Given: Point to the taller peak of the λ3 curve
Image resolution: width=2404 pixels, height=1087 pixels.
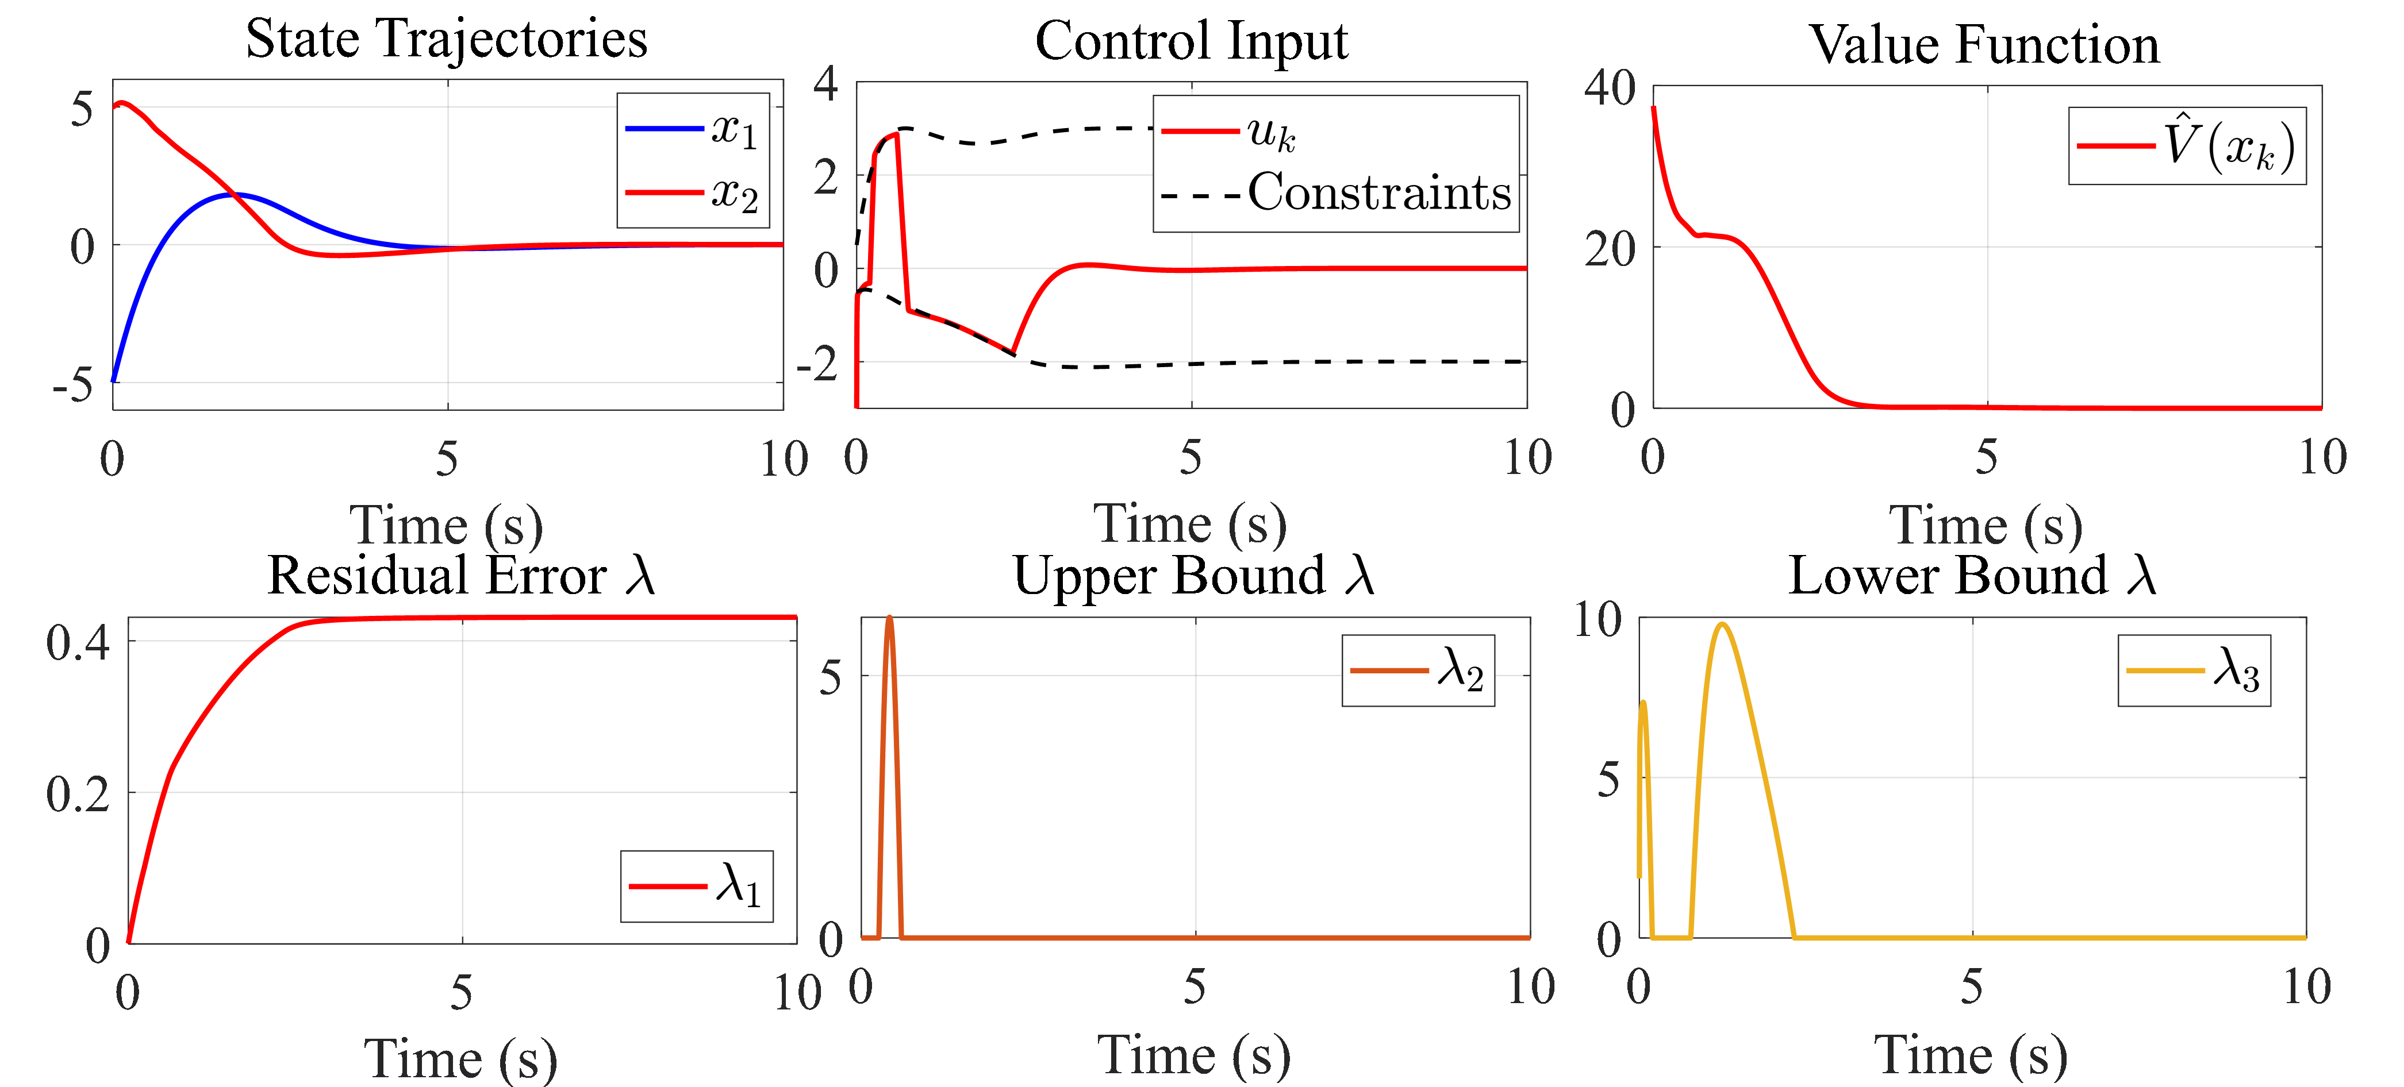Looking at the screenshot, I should pos(1721,624).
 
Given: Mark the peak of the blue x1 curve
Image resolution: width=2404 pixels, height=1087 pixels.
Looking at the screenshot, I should pos(236,194).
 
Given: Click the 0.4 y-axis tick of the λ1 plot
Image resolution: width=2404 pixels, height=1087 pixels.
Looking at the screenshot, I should pos(78,643).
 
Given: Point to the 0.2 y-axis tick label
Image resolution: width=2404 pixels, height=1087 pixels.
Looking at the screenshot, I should pos(78,794).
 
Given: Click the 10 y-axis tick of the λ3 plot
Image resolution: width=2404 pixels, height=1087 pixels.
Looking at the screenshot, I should pos(1597,619).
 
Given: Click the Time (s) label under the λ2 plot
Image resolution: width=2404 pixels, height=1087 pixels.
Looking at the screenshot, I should pos(1195,1055).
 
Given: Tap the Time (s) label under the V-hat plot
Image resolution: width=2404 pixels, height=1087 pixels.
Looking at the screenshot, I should pos(1986,525).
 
